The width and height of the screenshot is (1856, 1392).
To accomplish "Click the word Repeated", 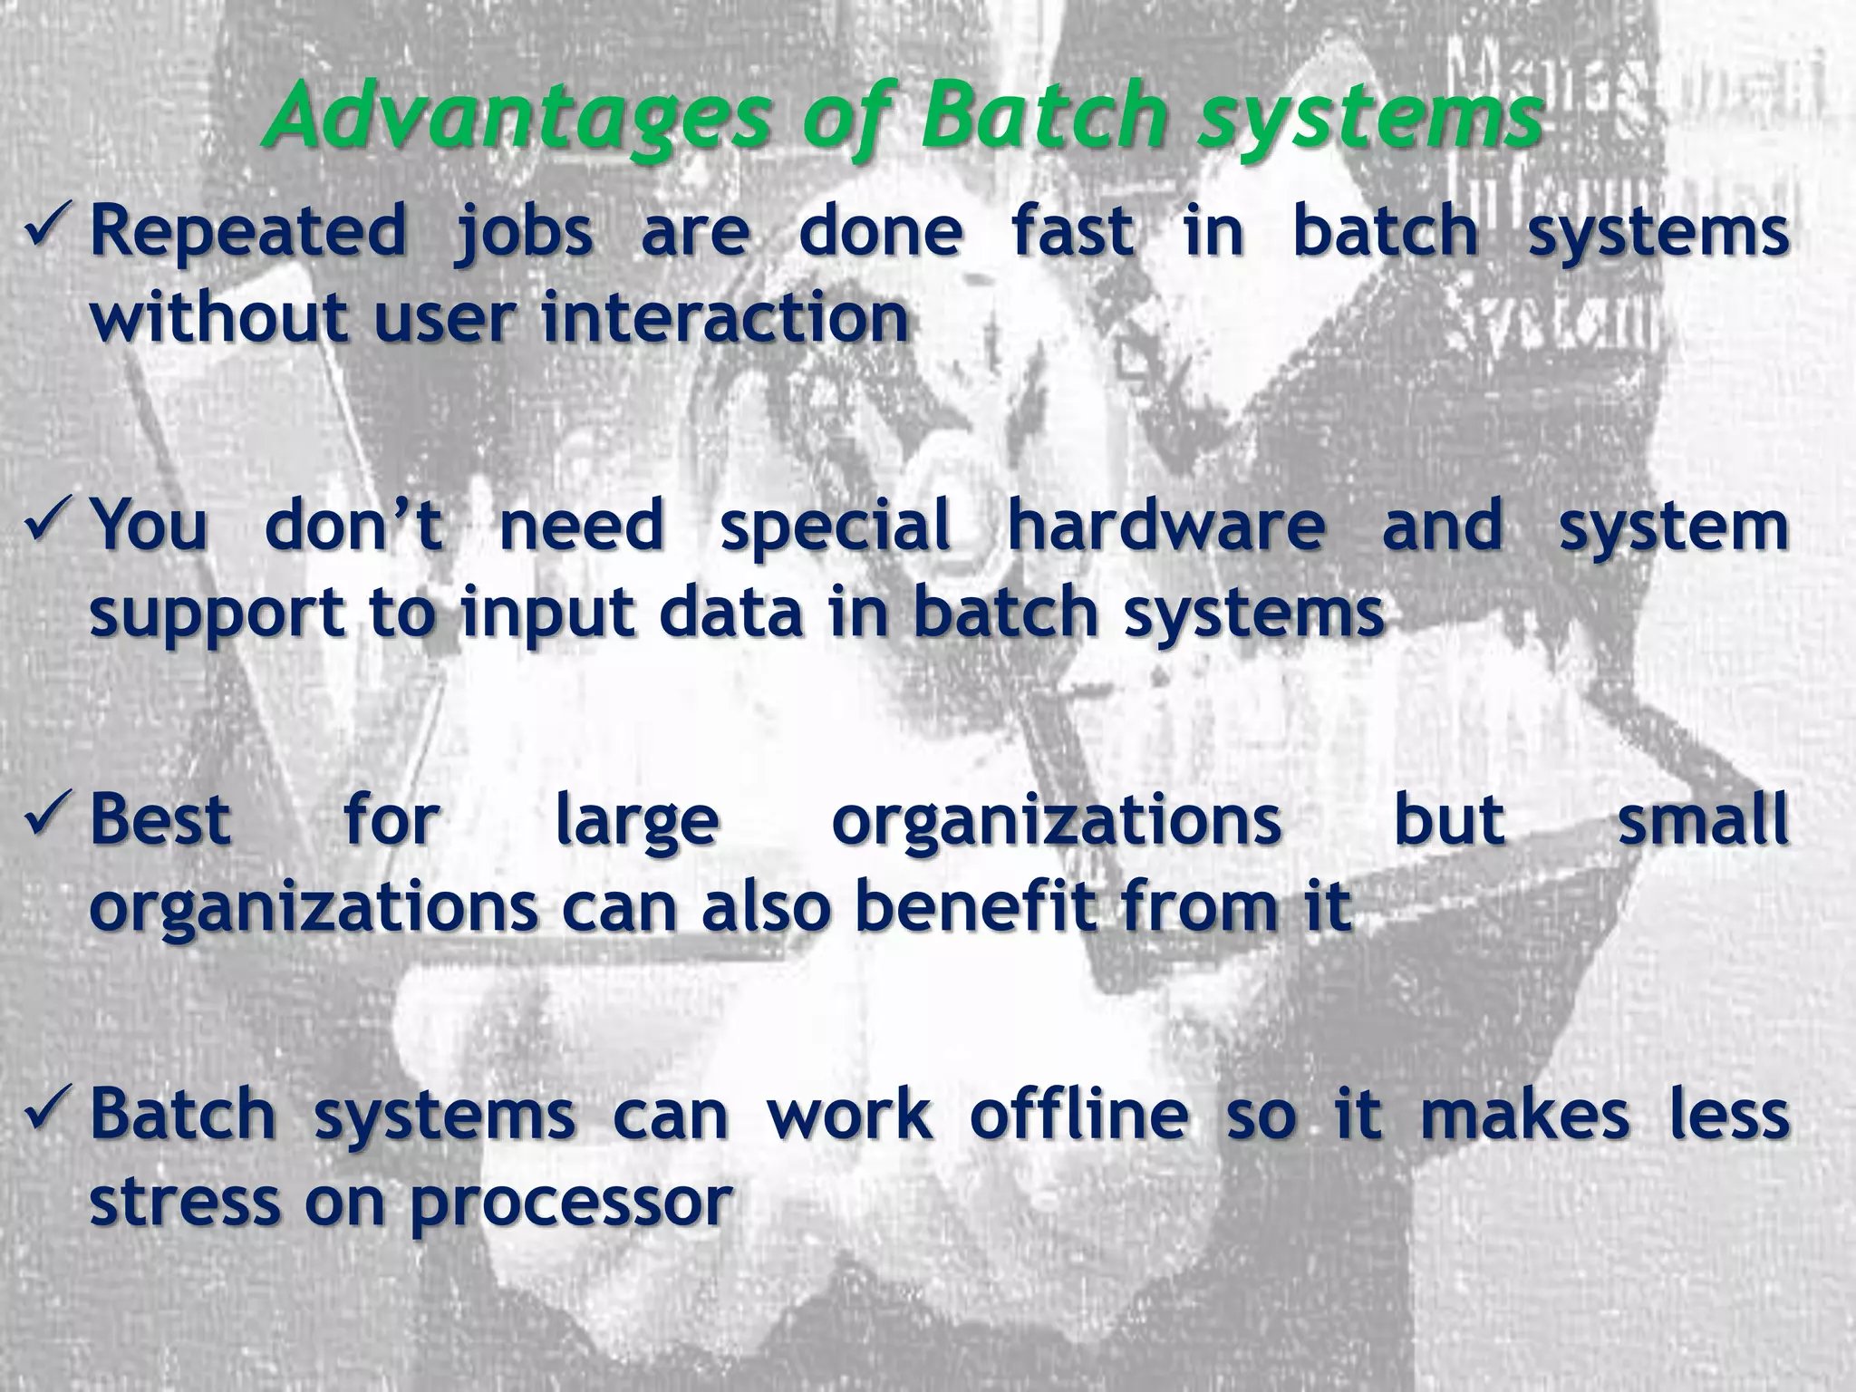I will (x=247, y=231).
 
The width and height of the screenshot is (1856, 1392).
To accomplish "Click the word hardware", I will (x=1166, y=526).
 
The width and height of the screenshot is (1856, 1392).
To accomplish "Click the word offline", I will (x=1078, y=1114).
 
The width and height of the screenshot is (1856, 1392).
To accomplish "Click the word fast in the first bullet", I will (x=1072, y=230).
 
